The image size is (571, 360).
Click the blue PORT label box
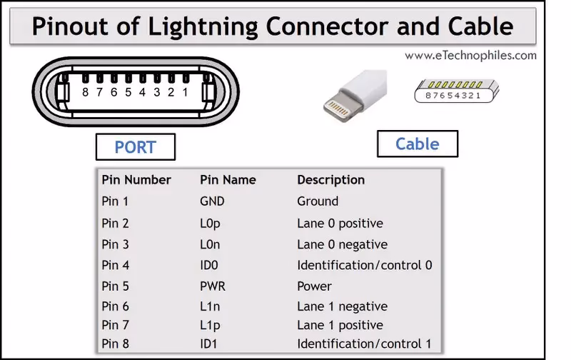click(135, 147)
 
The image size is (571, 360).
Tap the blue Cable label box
click(417, 144)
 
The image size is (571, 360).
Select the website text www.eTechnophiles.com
click(470, 55)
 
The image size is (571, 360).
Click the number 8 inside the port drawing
click(85, 92)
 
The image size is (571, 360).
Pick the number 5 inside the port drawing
click(128, 92)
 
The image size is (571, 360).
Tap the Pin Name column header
click(228, 180)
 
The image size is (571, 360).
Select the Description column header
click(330, 180)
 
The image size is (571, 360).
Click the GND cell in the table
click(212, 201)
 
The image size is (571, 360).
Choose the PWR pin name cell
click(213, 286)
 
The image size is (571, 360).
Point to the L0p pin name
click(210, 223)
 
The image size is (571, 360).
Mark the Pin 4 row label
click(116, 265)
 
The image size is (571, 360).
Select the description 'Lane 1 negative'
click(342, 306)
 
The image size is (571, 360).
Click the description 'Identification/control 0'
click(364, 265)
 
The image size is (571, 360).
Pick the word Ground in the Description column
click(318, 201)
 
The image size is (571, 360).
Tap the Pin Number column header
click(136, 180)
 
